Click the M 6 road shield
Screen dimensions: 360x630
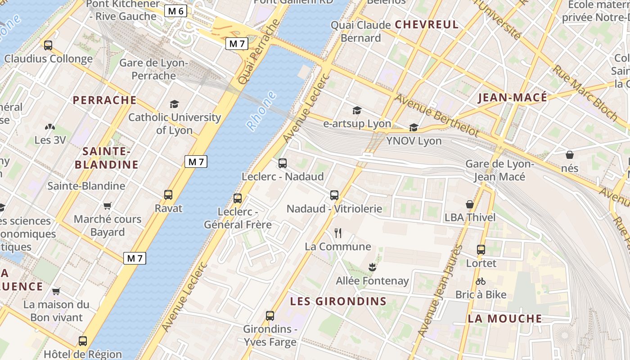click(x=175, y=11)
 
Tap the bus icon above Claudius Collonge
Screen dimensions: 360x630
click(x=48, y=45)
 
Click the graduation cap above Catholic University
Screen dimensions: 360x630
click(x=174, y=104)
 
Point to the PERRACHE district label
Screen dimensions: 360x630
click(x=104, y=100)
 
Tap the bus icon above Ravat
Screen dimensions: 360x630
click(x=168, y=195)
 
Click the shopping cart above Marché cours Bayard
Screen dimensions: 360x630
click(x=107, y=206)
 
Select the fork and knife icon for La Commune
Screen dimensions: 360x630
click(x=338, y=233)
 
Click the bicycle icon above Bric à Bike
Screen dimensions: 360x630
click(x=481, y=281)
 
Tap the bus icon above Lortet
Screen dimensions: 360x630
click(x=481, y=250)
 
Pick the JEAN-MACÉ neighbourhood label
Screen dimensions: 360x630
click(x=513, y=98)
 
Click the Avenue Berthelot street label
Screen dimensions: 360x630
click(x=436, y=116)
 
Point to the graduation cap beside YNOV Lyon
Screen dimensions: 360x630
click(x=414, y=128)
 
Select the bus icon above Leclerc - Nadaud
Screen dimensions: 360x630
click(x=283, y=163)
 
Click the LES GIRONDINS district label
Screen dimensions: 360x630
click(x=338, y=301)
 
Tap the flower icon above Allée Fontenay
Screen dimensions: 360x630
click(x=372, y=267)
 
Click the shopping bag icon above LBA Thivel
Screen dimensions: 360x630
click(x=470, y=204)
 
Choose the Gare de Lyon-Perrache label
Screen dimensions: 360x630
click(x=153, y=69)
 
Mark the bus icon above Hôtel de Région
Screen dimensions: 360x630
click(x=83, y=341)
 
